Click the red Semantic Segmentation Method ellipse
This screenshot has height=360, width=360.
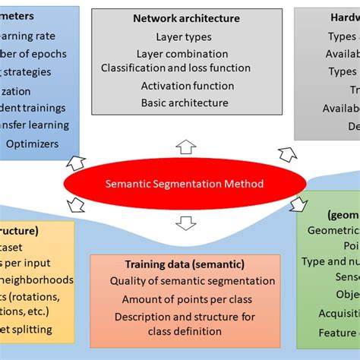185,183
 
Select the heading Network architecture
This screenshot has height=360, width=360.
186,18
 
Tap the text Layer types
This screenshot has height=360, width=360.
184,36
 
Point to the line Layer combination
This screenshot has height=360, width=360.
182,54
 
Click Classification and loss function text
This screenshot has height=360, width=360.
186,68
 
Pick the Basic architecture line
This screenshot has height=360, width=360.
185,103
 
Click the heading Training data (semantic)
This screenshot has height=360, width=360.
185,264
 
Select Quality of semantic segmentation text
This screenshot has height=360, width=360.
185,282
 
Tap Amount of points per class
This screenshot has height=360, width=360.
185,299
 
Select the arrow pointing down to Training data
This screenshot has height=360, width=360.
185,223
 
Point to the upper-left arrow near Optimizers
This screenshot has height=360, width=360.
76,161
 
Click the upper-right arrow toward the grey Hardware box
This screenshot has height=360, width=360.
287,155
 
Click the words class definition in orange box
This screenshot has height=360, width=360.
185,331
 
